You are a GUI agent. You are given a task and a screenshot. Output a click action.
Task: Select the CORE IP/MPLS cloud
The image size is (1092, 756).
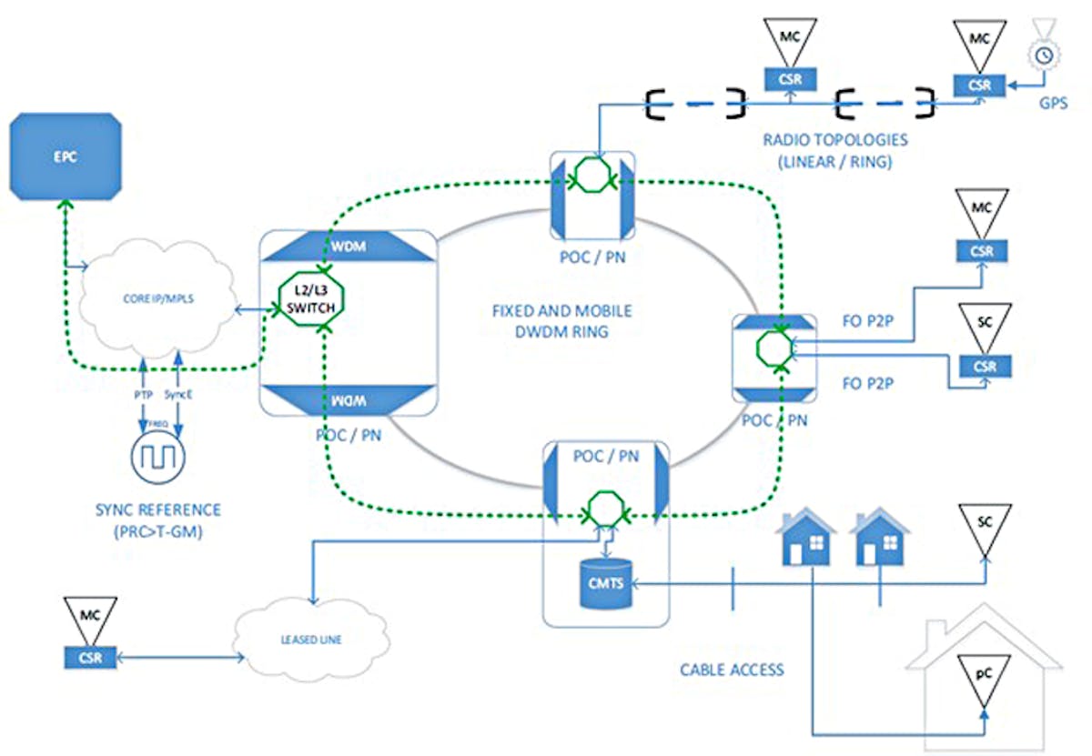[x=156, y=300]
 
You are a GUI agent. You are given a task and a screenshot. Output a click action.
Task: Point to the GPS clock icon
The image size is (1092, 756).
[x=1045, y=55]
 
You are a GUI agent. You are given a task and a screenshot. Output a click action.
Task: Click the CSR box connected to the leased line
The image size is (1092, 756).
[x=90, y=657]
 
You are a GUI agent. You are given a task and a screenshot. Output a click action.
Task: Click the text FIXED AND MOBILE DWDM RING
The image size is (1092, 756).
[x=561, y=321]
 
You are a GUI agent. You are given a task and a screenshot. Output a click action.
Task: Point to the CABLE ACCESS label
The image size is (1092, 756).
[x=732, y=670]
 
